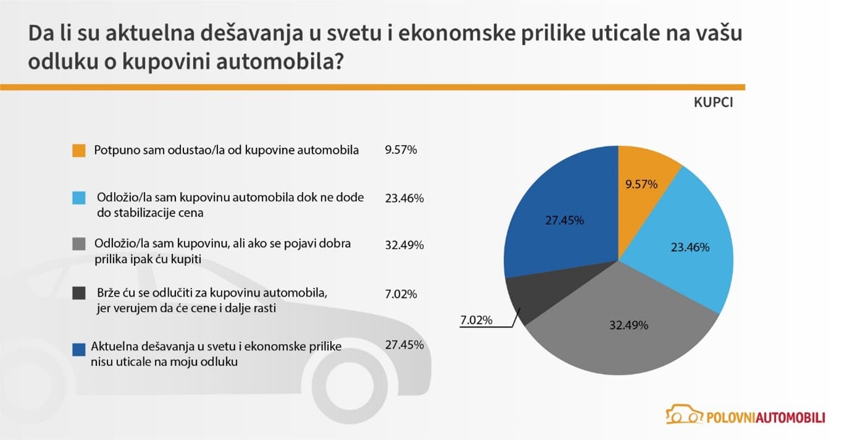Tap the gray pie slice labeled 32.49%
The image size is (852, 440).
coord(624,334)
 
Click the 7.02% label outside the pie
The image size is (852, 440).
coord(475,320)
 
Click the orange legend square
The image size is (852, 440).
coord(78,150)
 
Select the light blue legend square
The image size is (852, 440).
coord(78,198)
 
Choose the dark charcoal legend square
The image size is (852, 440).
coord(78,293)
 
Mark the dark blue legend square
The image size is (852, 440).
coord(78,349)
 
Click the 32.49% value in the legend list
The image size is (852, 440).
coord(404,245)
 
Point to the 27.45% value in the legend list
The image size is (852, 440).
coord(404,345)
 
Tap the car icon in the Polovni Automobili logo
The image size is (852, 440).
coord(683,414)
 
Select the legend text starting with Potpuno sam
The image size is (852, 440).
coord(226,150)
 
